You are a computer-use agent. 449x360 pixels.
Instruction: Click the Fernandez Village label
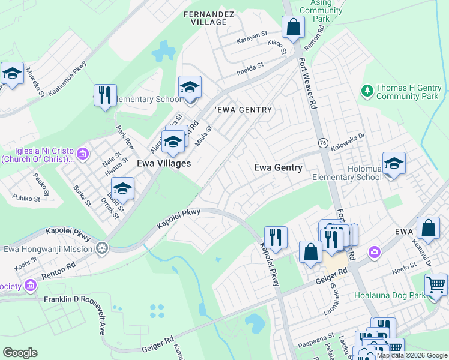click(x=205, y=17)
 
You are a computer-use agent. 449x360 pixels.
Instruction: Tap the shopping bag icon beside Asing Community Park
click(x=293, y=27)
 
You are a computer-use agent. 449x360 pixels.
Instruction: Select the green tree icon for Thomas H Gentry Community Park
click(x=367, y=91)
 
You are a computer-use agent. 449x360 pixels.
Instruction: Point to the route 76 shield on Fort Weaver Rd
click(x=322, y=143)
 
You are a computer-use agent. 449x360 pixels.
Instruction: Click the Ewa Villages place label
click(x=164, y=163)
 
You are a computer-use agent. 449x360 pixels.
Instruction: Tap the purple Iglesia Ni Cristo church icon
click(x=83, y=155)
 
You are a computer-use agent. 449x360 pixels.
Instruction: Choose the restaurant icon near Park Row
click(x=105, y=95)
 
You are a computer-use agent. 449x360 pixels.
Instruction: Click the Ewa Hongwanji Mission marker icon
click(x=103, y=248)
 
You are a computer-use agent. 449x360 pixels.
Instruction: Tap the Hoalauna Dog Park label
click(x=391, y=295)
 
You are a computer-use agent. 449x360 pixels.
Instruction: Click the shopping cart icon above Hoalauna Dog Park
click(x=435, y=284)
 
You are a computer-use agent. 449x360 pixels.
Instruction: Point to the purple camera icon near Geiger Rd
click(x=375, y=251)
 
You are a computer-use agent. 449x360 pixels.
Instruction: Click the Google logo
click(x=20, y=353)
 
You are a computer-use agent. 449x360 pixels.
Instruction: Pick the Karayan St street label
click(x=251, y=36)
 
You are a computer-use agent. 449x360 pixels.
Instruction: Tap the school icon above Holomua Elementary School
click(x=394, y=163)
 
